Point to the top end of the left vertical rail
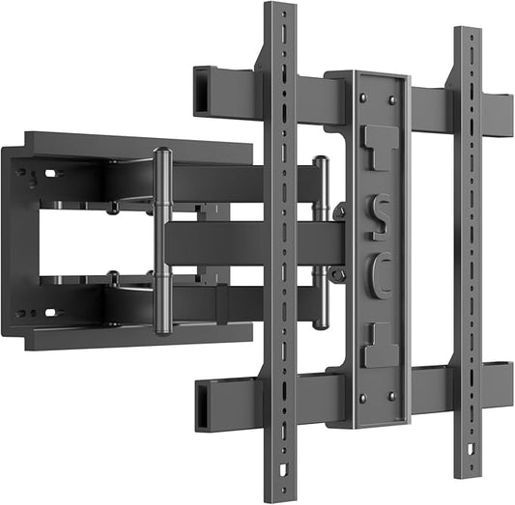pyautogui.click(x=279, y=10)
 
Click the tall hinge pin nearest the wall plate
pyautogui.click(x=161, y=241)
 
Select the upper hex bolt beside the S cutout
pyautogui.click(x=338, y=210)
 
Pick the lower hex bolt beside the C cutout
pyautogui.click(x=338, y=275)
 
